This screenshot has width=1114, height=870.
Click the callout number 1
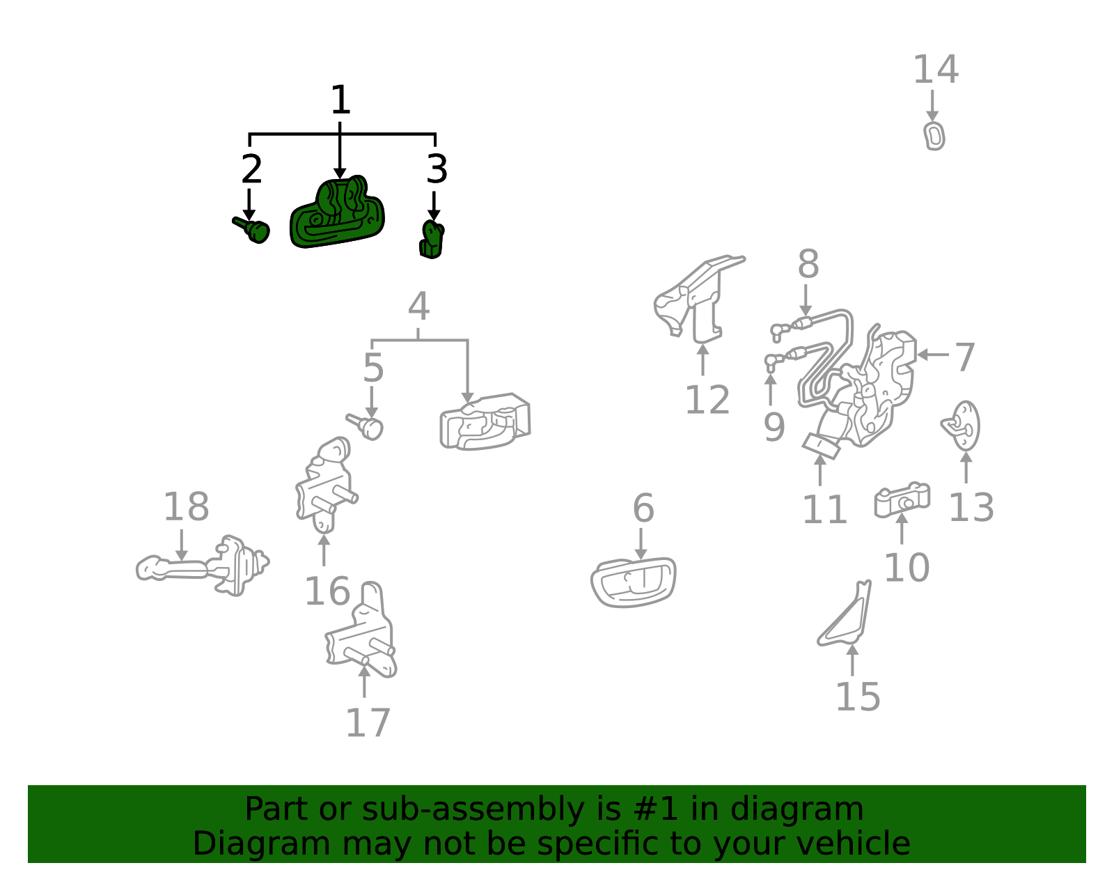[340, 100]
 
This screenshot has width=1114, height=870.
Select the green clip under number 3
[432, 240]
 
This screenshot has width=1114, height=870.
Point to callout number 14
[936, 69]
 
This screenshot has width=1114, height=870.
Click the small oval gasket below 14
[934, 137]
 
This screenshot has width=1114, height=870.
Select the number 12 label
[707, 400]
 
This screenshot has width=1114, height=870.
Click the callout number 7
[965, 357]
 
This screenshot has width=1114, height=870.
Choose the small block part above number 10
[902, 499]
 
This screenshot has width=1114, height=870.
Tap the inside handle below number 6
[633, 583]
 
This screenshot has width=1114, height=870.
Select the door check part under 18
[203, 566]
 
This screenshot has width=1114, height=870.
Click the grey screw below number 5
[365, 426]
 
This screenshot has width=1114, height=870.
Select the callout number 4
[418, 306]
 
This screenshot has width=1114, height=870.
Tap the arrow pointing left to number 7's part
[932, 355]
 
